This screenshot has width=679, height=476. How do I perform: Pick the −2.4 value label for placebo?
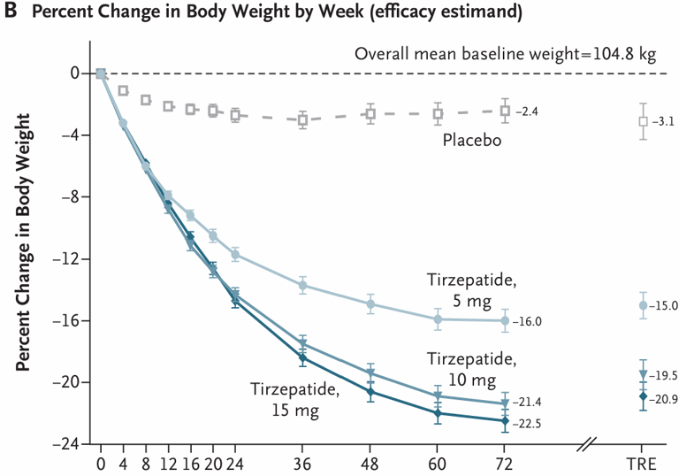coord(529,111)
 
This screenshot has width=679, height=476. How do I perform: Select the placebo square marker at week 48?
coord(370,113)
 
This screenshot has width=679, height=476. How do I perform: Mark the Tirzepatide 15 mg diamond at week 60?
coord(438,413)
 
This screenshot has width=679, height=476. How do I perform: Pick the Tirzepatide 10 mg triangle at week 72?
coord(505,403)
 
